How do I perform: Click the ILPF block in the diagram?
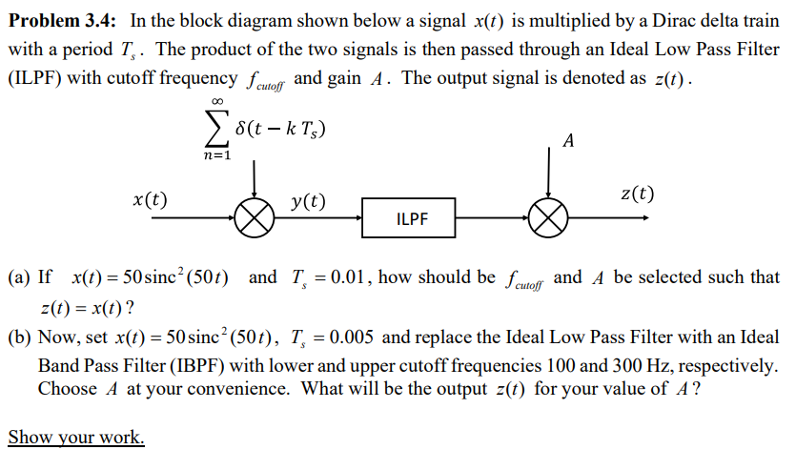tap(411, 219)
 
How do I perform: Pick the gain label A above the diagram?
tap(569, 142)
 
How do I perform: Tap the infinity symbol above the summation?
tap(216, 102)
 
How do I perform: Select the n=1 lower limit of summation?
tap(216, 153)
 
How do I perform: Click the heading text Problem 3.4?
tap(59, 22)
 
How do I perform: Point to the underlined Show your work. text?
tap(76, 438)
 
